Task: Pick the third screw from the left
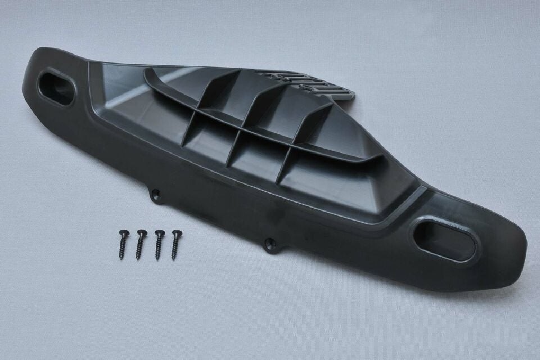(x=159, y=244)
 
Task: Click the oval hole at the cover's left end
(x=54, y=85)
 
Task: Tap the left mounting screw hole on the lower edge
(x=156, y=195)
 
